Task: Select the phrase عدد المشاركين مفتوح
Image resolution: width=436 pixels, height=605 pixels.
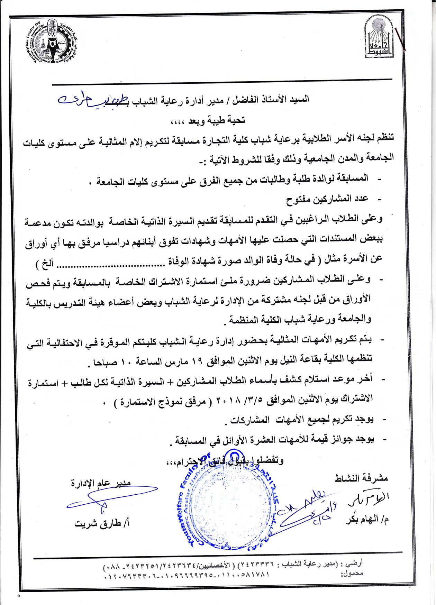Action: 327,199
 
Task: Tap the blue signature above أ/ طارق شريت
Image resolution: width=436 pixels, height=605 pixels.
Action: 107,498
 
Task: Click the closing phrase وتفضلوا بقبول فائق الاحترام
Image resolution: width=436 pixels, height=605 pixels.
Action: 225,461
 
